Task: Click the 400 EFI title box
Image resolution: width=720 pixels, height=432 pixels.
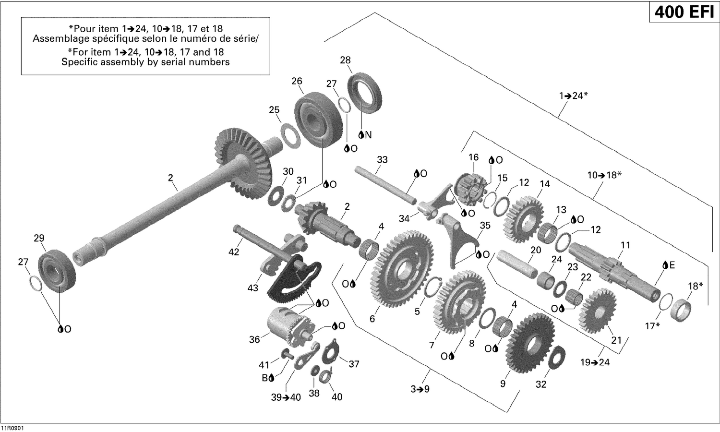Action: (684, 12)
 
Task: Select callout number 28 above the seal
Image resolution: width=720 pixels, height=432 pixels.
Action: (345, 60)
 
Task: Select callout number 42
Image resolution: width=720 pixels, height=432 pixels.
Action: (234, 252)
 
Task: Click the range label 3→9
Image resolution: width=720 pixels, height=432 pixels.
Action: (420, 389)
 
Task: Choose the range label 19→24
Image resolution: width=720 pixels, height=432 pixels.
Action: (595, 362)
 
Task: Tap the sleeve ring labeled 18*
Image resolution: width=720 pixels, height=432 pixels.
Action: (681, 310)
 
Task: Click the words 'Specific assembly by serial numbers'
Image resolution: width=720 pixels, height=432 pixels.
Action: (145, 62)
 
